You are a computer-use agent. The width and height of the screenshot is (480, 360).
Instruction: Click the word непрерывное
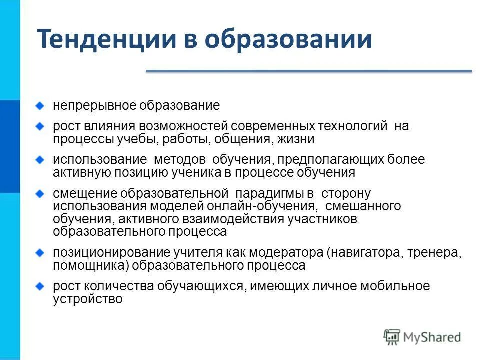pyautogui.click(x=95, y=106)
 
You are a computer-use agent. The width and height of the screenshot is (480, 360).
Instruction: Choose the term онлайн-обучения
pyautogui.click(x=269, y=206)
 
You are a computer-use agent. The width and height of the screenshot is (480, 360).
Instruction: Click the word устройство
pyautogui.click(x=87, y=299)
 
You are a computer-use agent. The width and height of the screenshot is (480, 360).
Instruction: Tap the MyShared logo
pyautogui.click(x=422, y=336)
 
